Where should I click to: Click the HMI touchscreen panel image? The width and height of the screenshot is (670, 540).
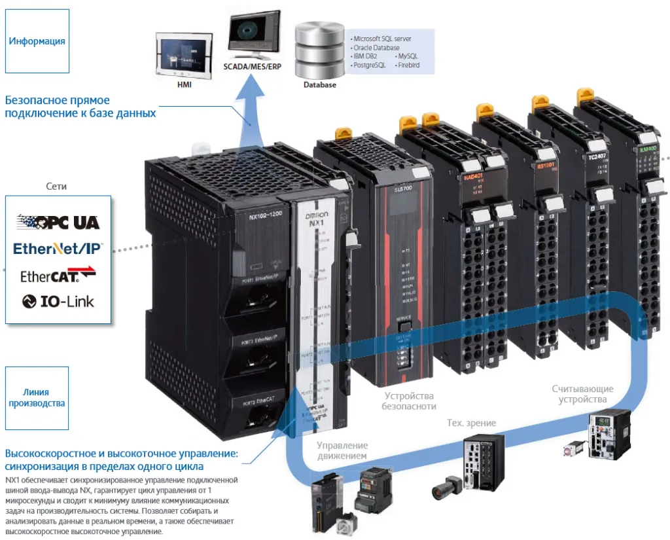pos(179,55)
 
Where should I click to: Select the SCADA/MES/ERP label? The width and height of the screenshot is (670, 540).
pos(252,67)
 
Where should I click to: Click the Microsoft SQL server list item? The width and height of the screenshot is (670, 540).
pos(382,39)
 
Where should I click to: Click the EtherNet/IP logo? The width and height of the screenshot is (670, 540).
pos(58,249)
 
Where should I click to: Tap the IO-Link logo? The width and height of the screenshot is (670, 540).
pos(58,301)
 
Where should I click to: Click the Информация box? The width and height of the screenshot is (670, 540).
pos(37,41)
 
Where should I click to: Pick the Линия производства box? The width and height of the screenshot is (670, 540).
pos(37,398)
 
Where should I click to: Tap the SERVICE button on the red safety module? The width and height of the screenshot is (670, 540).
pos(403,325)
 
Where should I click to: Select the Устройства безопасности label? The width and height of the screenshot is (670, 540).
pos(409,401)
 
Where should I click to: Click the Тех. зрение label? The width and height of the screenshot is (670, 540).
pos(471,423)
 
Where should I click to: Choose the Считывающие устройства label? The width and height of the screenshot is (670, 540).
pos(583,394)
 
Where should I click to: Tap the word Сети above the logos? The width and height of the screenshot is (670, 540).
pos(57,187)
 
